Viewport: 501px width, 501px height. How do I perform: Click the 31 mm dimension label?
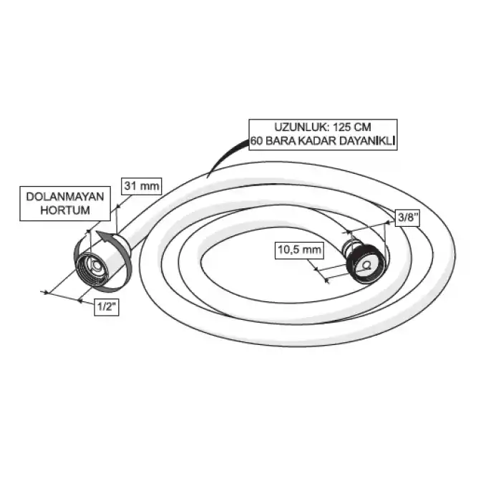coord(142,186)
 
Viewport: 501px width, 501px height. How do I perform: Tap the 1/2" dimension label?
coord(107,307)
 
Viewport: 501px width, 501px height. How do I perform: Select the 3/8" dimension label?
coord(407,218)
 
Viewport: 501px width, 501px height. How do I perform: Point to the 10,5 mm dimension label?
coord(299,250)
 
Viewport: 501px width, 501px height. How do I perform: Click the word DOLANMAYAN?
coord(65,197)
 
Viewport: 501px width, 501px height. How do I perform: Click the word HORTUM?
coord(65,210)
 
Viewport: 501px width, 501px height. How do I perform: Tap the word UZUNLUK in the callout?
coord(301,127)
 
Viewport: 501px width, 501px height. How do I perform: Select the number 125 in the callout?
coord(343,127)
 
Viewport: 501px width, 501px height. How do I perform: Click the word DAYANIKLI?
coord(366,141)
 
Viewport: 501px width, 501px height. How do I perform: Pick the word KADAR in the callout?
coord(317,141)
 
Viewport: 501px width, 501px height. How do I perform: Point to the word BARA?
coord(281,141)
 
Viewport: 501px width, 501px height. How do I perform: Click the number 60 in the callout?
coord(256,141)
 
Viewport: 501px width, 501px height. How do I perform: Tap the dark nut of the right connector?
coord(366,263)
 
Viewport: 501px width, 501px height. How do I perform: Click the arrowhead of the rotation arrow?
coord(104,238)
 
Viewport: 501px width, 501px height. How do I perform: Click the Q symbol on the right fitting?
coord(366,265)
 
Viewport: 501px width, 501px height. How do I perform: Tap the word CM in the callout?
coord(364,127)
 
